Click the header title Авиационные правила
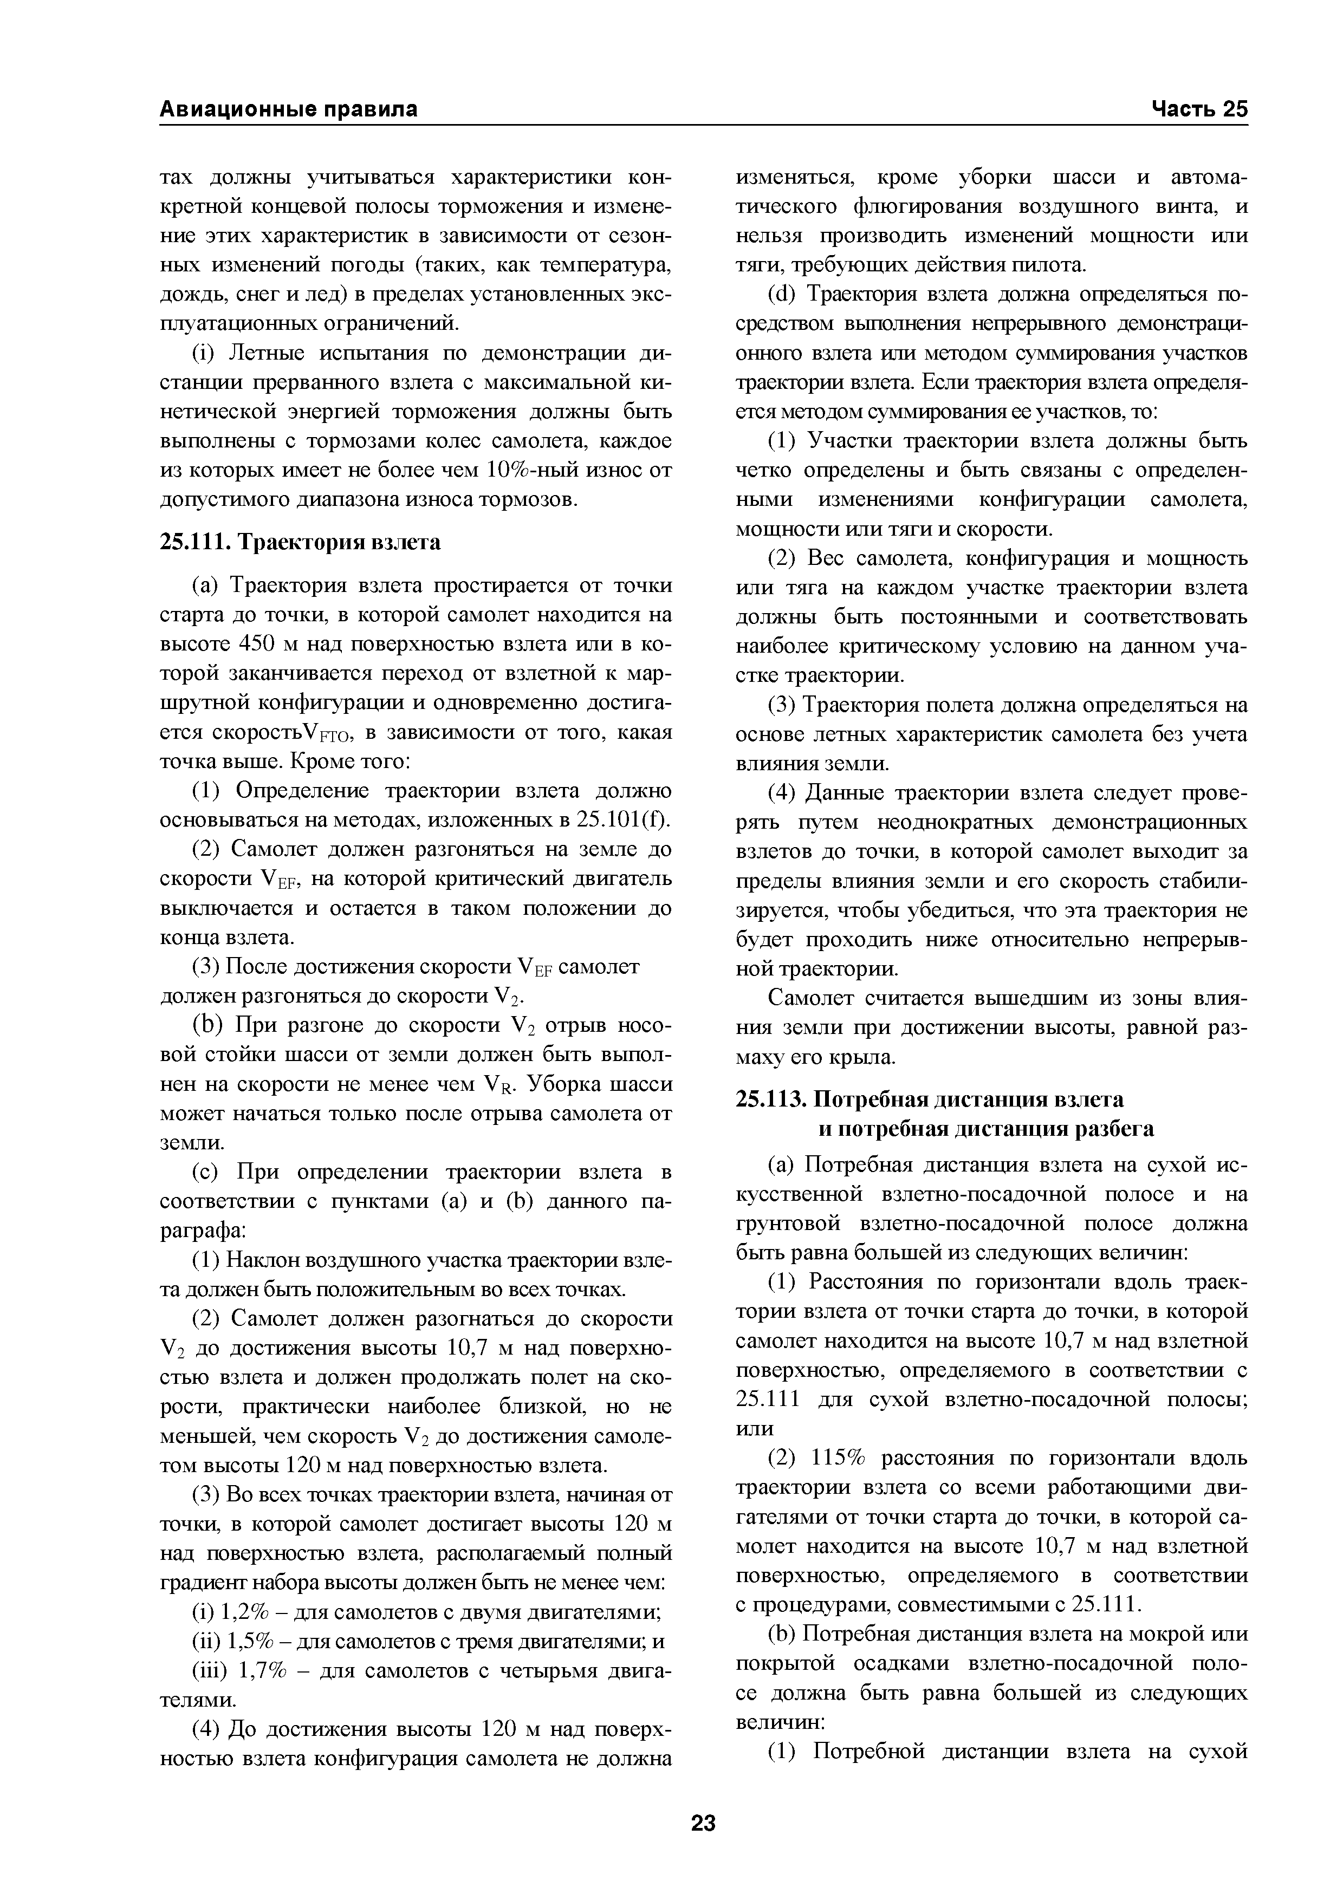288,109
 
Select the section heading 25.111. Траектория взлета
300,542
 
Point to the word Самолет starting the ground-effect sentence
808,998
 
